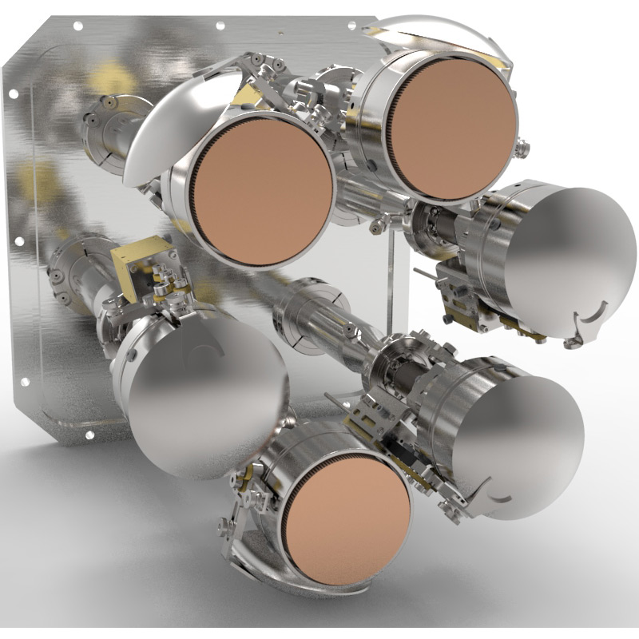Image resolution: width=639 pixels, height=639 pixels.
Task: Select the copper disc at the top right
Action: pyautogui.click(x=450, y=128)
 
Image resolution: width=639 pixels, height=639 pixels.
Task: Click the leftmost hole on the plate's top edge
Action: pyautogui.click(x=77, y=26)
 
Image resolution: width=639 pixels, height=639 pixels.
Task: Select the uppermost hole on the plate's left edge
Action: pyautogui.click(x=14, y=93)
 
